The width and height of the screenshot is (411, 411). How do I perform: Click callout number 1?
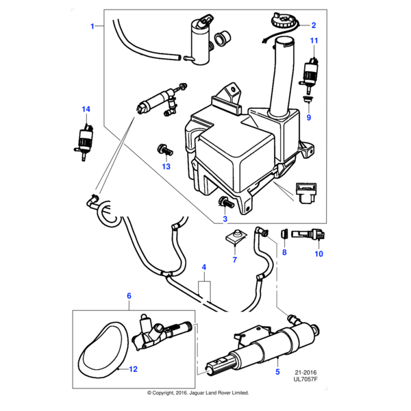coord(92,26)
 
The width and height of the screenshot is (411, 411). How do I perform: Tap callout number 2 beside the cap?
coord(314,25)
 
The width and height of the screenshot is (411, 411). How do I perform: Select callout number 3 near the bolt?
coord(225,220)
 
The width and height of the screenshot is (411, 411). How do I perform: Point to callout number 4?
coord(203,266)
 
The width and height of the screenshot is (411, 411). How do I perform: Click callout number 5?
coord(277,371)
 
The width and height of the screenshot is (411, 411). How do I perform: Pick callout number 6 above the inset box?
coord(129,296)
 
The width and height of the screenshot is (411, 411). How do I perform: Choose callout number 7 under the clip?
coord(234,260)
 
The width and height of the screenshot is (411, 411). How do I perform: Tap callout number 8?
coord(285,253)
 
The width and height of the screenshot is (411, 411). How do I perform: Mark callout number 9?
coord(308,117)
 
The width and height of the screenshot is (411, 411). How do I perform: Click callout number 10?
coord(318,254)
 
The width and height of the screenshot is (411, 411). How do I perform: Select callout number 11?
coord(314,42)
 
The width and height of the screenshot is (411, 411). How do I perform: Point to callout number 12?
coord(133,369)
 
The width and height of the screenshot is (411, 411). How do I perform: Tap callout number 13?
coord(165,166)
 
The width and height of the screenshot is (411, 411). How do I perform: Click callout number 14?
coord(86,109)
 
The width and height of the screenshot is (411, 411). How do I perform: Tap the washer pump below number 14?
coord(86,140)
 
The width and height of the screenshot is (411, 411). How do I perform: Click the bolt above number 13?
coord(164,148)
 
